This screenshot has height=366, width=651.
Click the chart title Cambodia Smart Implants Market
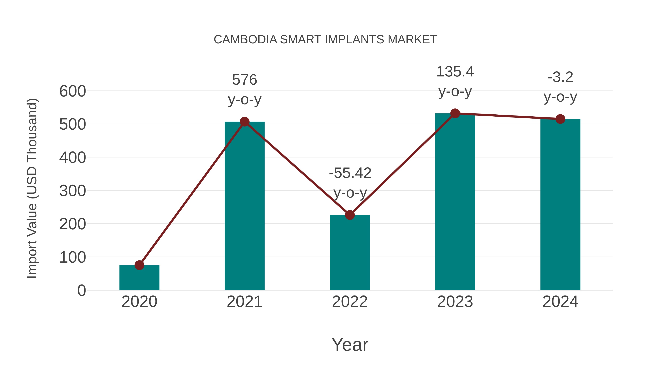click(325, 40)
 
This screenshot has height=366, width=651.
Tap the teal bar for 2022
click(350, 253)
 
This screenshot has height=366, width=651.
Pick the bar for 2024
click(560, 205)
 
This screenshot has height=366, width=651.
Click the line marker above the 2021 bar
click(244, 122)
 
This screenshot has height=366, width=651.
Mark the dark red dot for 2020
click(139, 265)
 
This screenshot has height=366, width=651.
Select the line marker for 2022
click(350, 215)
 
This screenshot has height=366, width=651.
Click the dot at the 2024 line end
click(560, 119)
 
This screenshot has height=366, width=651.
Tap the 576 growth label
click(244, 80)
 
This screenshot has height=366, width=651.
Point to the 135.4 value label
click(455, 72)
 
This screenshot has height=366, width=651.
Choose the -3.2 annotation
click(560, 77)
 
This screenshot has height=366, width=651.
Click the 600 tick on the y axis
click(73, 91)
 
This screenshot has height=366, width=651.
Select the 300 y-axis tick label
click(73, 191)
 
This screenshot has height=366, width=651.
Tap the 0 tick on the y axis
click(81, 290)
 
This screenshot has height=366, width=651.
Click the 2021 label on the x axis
click(244, 302)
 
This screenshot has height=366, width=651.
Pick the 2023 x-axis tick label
click(455, 302)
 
